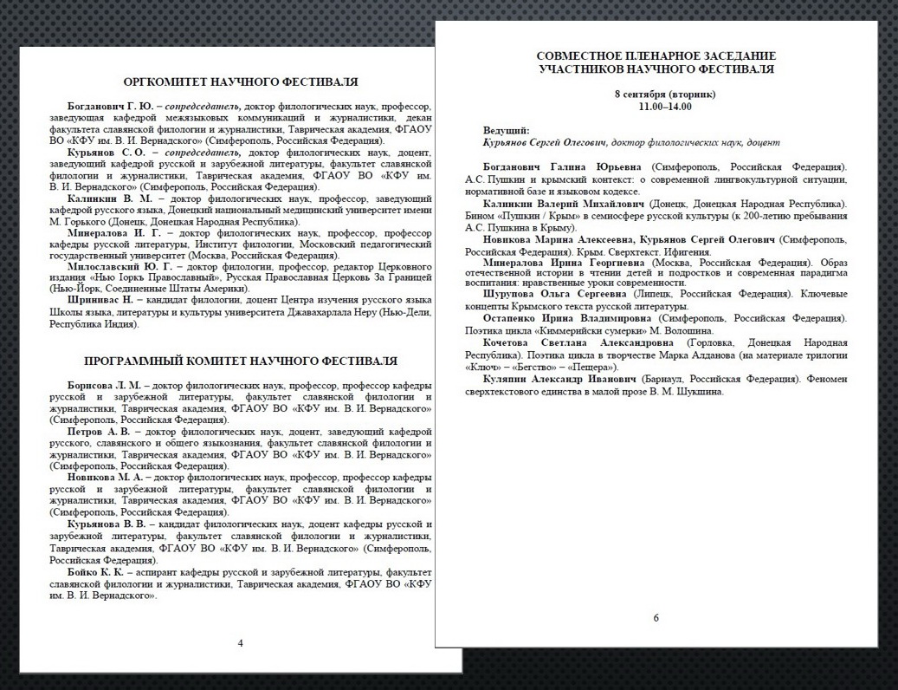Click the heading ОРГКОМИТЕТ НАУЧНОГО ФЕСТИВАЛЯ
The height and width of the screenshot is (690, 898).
click(241, 82)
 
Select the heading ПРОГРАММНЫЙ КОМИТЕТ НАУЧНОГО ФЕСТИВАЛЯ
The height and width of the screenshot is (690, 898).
click(241, 361)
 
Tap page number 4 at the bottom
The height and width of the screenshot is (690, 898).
click(240, 642)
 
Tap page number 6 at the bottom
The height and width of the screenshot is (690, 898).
click(656, 617)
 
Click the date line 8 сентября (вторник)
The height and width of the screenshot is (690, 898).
click(656, 94)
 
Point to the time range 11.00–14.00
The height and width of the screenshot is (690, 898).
click(656, 105)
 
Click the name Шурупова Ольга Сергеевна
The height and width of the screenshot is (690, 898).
click(554, 295)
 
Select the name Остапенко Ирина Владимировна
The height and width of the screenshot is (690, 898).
click(566, 318)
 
